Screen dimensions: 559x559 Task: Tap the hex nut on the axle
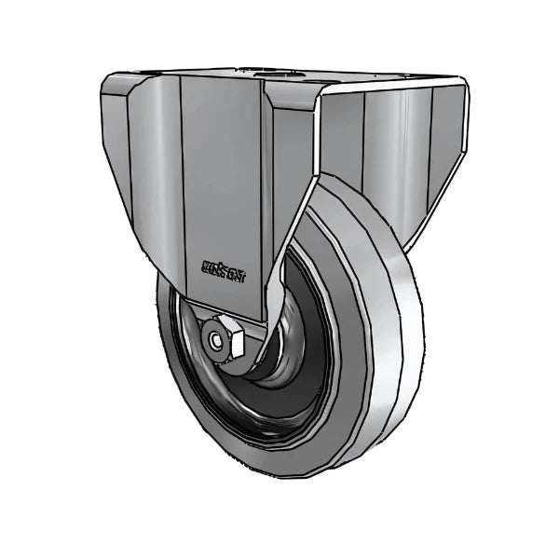(x=227, y=342)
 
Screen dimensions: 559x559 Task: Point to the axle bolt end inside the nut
(x=221, y=345)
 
